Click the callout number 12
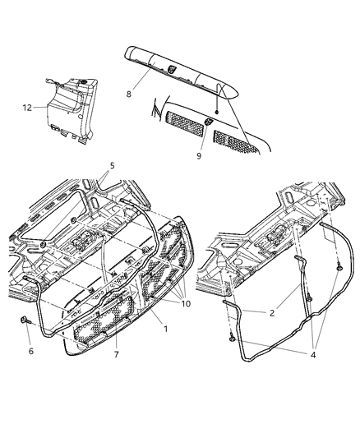click(26, 107)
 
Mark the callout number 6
click(31, 352)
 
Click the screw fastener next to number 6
click(25, 322)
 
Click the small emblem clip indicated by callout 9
click(209, 123)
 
